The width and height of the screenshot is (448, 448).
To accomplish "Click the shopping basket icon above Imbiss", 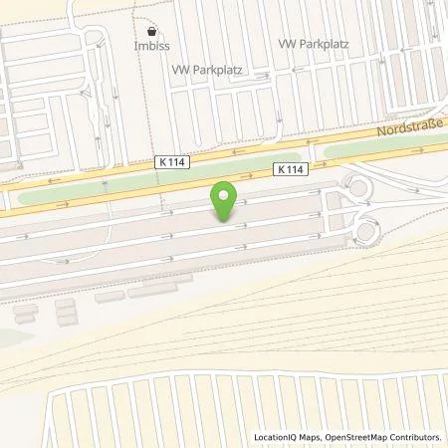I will (150, 31).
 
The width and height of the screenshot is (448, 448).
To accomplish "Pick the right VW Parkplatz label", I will (311, 46).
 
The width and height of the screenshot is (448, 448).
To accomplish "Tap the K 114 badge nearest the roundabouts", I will (291, 170).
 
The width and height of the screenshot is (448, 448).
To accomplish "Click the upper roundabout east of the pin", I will (355, 186).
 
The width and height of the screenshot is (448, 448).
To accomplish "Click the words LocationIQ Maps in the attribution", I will (287, 437).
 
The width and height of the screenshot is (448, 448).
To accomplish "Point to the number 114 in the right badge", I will (295, 170).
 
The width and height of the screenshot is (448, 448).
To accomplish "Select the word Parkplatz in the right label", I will (320, 46).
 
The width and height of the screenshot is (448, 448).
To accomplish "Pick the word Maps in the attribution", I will (307, 437).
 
